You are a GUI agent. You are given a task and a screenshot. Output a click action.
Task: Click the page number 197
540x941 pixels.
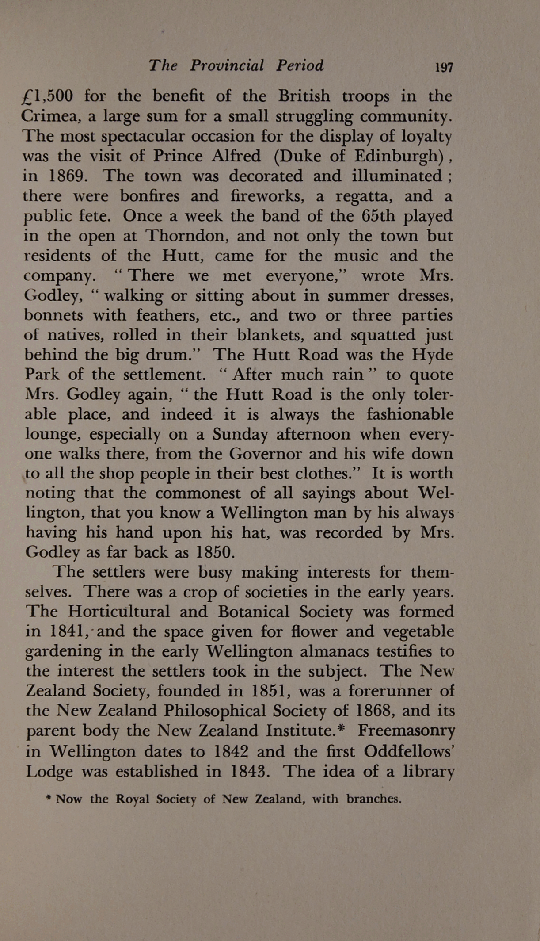444,68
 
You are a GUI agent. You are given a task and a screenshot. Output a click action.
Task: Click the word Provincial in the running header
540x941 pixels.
227,65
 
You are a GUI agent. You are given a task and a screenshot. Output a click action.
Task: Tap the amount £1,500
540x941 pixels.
47,96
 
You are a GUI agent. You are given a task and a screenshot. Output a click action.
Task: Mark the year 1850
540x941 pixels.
215,552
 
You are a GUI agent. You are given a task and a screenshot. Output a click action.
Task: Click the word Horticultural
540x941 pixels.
119,612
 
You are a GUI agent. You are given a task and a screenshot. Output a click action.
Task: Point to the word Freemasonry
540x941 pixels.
406,731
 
